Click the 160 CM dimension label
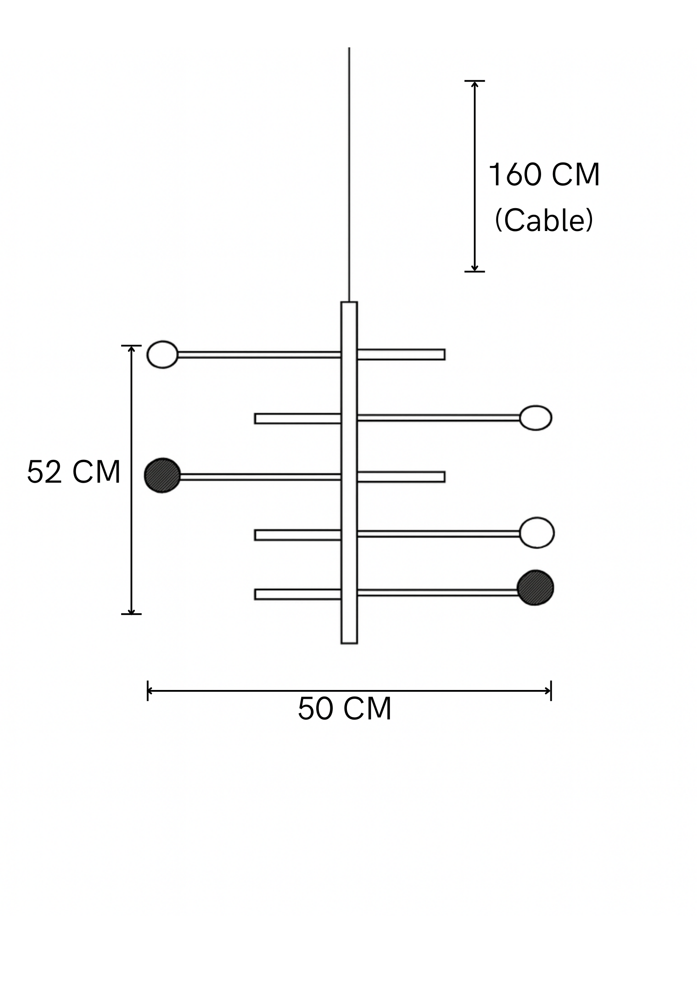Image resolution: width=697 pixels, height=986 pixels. tap(544, 175)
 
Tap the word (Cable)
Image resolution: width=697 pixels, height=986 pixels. tap(544, 220)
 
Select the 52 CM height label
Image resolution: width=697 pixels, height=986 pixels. tap(73, 473)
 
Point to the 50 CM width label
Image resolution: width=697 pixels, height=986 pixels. tap(344, 709)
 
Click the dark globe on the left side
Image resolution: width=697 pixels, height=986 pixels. tap(163, 475)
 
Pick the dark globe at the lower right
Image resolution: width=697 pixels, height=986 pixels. tap(535, 588)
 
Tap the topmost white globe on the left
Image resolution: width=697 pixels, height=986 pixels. tap(162, 354)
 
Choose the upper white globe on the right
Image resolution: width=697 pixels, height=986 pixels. tap(535, 417)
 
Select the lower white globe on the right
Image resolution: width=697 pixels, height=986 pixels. tap(537, 533)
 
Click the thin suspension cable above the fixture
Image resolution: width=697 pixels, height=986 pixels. tap(349, 176)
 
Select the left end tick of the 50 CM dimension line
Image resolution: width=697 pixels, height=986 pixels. tap(148, 691)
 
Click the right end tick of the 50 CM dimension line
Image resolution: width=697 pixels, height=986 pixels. tap(551, 691)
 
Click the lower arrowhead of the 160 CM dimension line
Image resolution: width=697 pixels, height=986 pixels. tap(474, 268)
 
